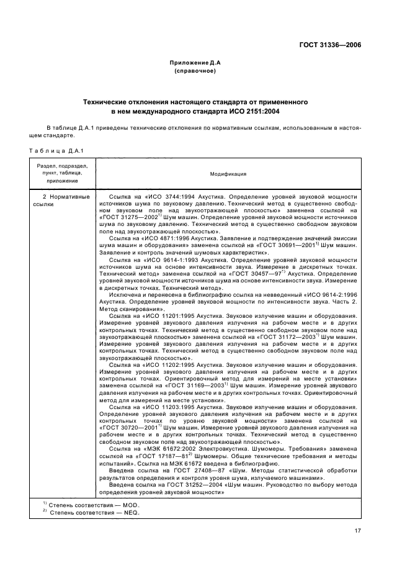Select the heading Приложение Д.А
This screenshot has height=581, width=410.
click(x=195, y=63)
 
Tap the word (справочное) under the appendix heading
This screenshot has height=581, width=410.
click(x=195, y=71)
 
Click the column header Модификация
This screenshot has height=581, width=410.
click(x=228, y=174)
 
